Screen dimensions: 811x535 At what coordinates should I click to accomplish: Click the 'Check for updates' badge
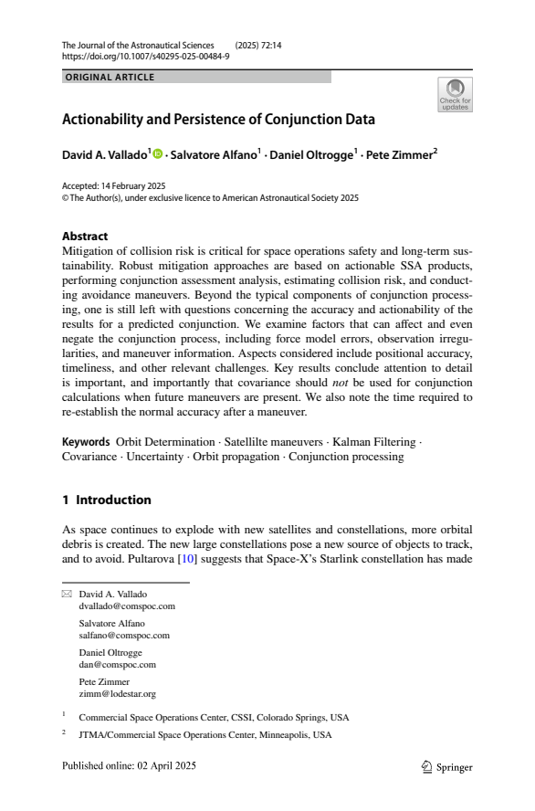(455, 95)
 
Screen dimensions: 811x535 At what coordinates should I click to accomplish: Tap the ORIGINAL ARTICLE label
(110, 77)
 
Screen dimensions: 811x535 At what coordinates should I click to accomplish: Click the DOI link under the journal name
(145, 56)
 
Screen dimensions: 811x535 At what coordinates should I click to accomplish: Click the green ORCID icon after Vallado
(156, 153)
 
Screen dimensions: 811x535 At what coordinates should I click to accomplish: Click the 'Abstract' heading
(84, 236)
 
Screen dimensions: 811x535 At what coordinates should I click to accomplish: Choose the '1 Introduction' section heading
(106, 500)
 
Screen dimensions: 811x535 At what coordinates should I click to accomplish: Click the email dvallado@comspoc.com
(127, 606)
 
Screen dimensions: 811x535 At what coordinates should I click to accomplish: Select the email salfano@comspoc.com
(124, 635)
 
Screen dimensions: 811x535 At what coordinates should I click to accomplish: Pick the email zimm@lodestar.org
(117, 693)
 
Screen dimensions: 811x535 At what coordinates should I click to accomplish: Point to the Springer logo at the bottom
(447, 767)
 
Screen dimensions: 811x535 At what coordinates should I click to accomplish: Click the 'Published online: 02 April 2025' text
(129, 765)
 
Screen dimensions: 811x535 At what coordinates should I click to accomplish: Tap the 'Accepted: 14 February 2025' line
(107, 185)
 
